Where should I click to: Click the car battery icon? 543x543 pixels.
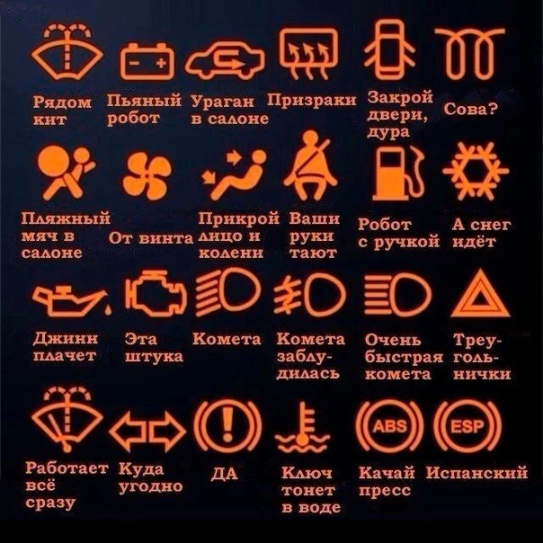pos(147,62)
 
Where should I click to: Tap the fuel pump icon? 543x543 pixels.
pos(398,174)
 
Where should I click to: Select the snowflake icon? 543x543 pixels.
pos(476,171)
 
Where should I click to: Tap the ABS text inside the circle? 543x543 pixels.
pos(390,426)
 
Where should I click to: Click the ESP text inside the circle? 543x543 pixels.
pos(467,426)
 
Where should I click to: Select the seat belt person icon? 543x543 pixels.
pos(310,165)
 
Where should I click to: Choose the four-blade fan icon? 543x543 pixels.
pos(147,176)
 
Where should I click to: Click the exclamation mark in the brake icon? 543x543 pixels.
pos(227,424)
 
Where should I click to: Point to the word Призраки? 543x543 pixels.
pos(312,100)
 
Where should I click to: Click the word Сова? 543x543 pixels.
pos(470,109)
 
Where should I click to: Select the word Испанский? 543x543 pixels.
pos(476,473)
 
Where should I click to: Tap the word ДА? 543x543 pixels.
pos(225,474)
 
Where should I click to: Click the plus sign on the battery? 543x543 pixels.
pos(161,63)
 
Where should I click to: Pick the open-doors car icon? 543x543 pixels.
pos(389,49)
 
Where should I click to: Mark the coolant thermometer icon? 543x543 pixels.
pos(303,427)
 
